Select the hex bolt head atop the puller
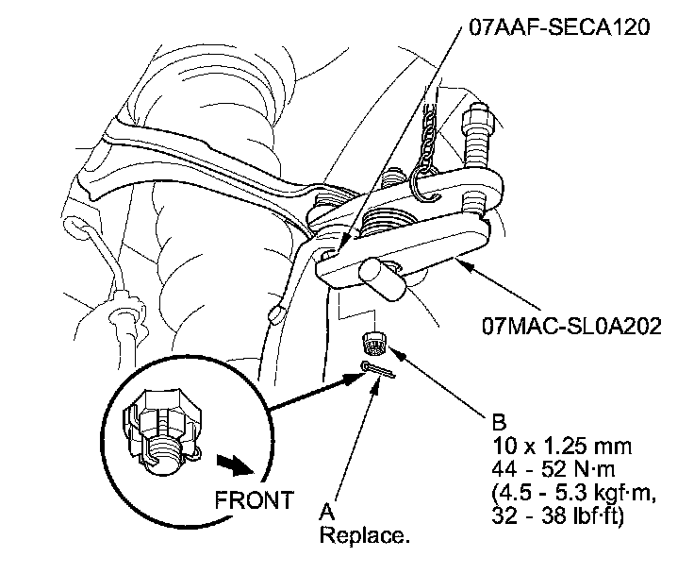click(476, 121)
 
